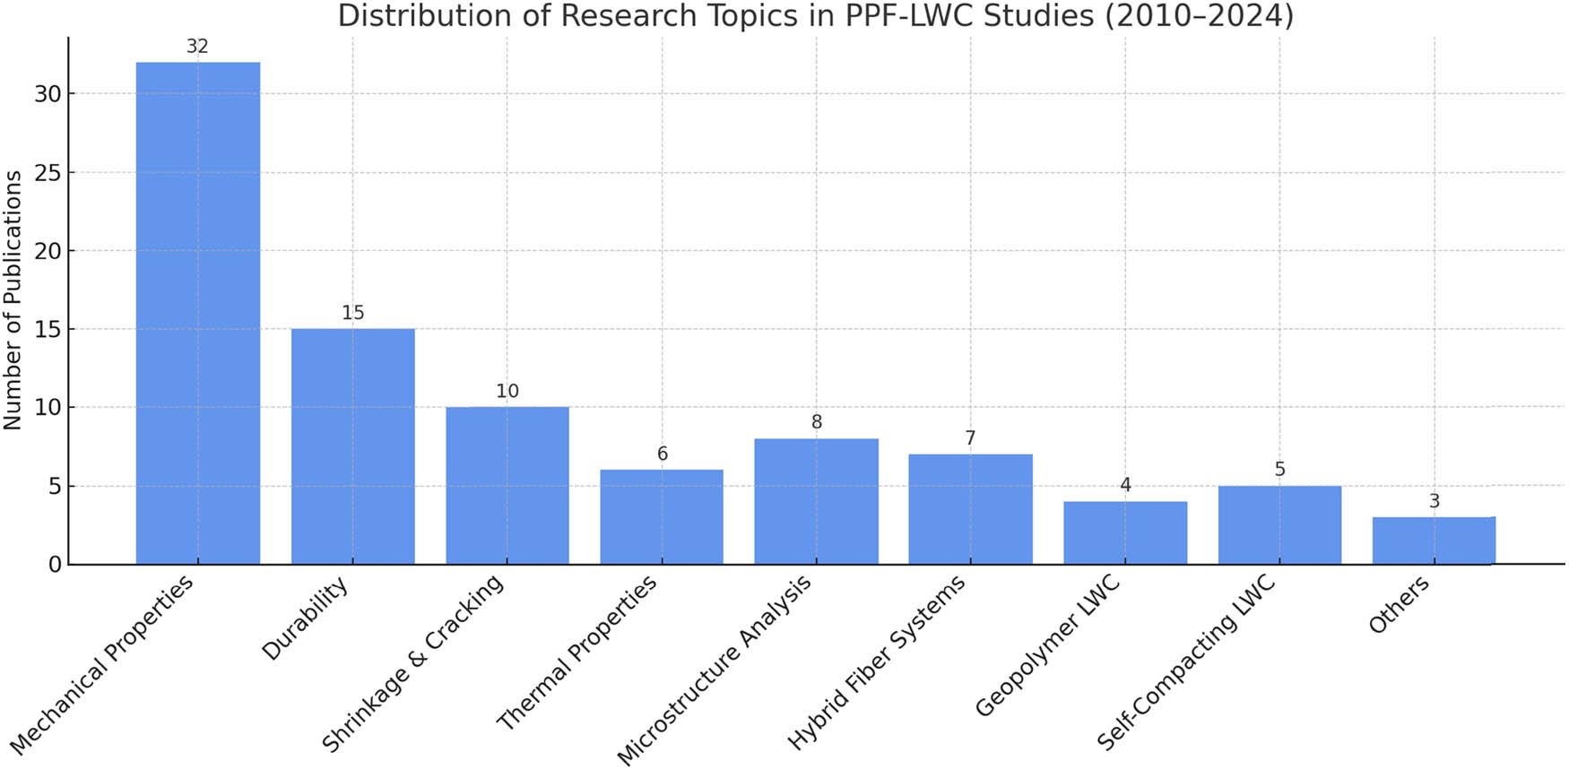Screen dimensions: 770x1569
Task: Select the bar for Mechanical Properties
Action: tap(197, 313)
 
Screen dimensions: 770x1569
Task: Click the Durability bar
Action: tap(352, 446)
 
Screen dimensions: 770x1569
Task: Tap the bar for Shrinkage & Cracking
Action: tap(507, 485)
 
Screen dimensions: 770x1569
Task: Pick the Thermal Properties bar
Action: tap(662, 517)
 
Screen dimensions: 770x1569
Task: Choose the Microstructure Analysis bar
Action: tap(816, 501)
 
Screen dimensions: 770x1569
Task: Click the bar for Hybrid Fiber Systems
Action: tap(970, 509)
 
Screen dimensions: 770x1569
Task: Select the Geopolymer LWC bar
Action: tap(1125, 532)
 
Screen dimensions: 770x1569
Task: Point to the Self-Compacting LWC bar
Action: tap(1279, 524)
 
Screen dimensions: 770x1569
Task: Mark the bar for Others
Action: tap(1434, 541)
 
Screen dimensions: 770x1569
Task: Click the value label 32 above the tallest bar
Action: tap(197, 47)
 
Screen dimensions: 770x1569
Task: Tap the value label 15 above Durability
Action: tap(352, 313)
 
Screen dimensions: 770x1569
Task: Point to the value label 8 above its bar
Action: tap(816, 422)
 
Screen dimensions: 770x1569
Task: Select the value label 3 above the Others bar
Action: tap(1434, 501)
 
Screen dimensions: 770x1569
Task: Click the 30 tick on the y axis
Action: tap(48, 94)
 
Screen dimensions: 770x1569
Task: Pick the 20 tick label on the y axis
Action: tap(48, 251)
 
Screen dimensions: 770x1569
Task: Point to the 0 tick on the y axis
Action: tap(55, 565)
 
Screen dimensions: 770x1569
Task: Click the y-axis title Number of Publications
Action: tap(13, 300)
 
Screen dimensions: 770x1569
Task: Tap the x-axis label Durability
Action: tap(305, 620)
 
